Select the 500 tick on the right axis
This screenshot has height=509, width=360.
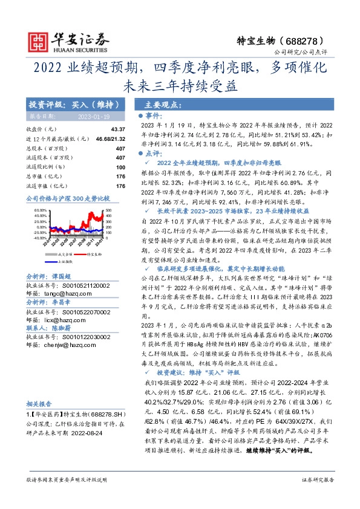pyautogui.click(x=109, y=210)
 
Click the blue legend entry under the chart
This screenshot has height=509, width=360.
pyautogui.click(x=64, y=262)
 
